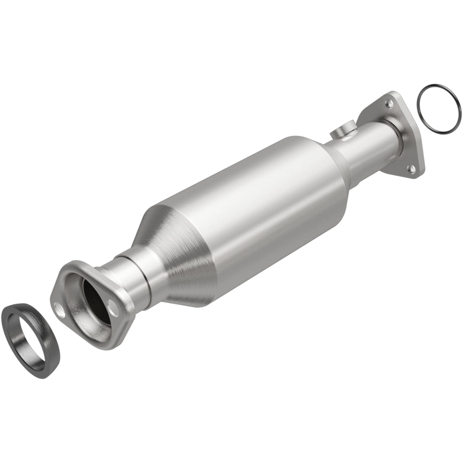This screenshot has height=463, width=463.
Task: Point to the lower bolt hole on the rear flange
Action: click(x=412, y=167)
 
